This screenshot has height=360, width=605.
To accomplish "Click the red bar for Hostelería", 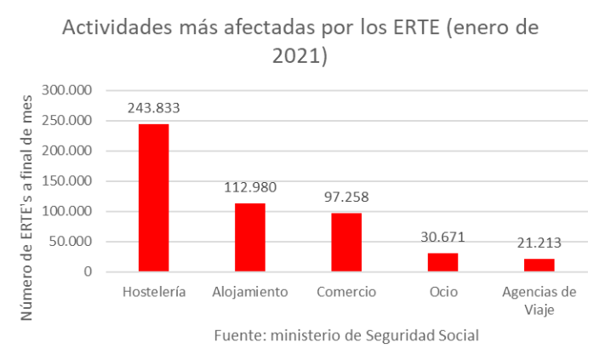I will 154,197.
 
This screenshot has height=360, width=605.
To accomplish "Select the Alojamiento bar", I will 250,237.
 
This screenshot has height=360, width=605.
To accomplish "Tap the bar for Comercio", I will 346,243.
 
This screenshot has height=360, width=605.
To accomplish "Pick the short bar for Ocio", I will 442,262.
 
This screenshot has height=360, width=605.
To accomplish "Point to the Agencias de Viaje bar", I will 539,265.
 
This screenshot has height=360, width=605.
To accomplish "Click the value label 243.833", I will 154,108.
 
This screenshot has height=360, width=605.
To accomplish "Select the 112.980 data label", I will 250,187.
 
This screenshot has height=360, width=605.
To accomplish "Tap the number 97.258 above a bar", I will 346,197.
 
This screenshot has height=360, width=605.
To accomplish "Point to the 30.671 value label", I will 442,237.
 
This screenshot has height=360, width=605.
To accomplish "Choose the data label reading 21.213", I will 539,243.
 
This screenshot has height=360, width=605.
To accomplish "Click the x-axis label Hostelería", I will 154,292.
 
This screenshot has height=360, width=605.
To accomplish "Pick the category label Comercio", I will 346,292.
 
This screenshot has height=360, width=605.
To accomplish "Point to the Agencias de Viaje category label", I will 539,300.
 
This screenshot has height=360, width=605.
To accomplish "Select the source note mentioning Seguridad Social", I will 345,335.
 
